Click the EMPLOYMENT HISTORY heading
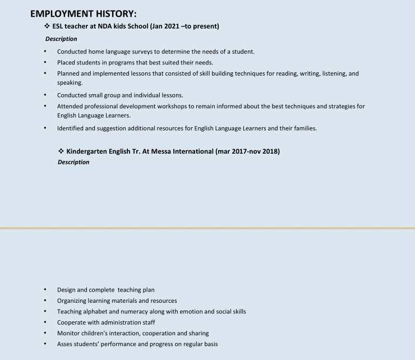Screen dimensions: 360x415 pyautogui.click(x=83, y=13)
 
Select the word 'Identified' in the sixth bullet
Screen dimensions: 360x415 pyautogui.click(x=70, y=128)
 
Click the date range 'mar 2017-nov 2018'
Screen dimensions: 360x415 pyautogui.click(x=248, y=151)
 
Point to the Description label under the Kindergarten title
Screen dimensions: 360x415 pyautogui.click(x=73, y=162)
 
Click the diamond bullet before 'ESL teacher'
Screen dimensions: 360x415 pyautogui.click(x=47, y=26)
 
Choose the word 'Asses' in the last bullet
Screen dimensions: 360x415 pyautogui.click(x=65, y=344)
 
